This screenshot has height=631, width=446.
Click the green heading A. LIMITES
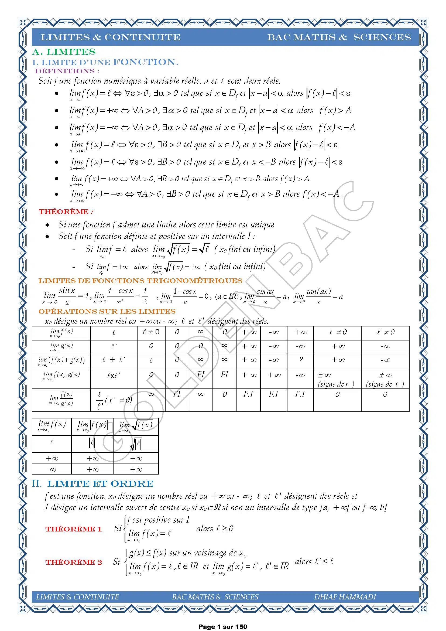pos(64,52)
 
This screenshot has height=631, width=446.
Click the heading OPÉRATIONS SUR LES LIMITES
pos(107,311)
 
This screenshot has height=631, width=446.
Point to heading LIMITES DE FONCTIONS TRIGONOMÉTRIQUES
pos(140,281)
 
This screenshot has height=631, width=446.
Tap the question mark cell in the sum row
pos(301,360)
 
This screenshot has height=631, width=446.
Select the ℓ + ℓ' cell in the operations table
pos(114,360)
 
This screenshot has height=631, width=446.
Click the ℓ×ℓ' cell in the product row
pos(114,375)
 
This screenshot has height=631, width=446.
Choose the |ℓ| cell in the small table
pos(92,443)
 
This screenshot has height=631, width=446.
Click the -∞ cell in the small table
pos(52,470)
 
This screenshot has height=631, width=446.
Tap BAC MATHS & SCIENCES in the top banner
pos(339,37)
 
